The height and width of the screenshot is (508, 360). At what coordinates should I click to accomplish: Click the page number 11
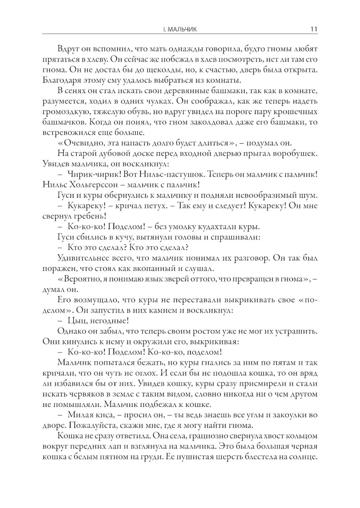[x=313, y=29]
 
